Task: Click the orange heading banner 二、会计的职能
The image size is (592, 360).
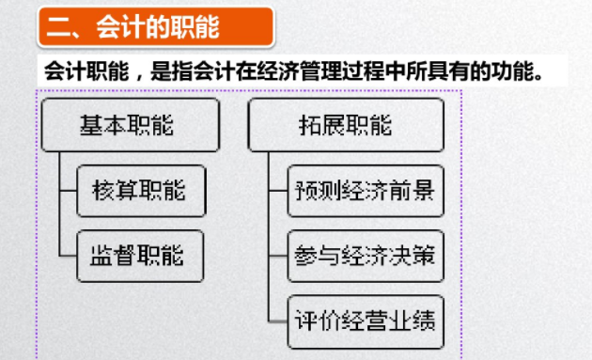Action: click(x=155, y=27)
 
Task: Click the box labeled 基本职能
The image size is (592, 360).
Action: click(x=130, y=125)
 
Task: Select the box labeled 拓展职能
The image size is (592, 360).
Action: click(x=345, y=125)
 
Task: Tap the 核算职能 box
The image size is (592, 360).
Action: click(x=140, y=191)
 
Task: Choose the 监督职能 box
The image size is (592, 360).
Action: click(x=140, y=254)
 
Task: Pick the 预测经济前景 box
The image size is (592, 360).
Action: click(x=365, y=191)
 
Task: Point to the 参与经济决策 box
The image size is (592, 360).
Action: click(x=365, y=254)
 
